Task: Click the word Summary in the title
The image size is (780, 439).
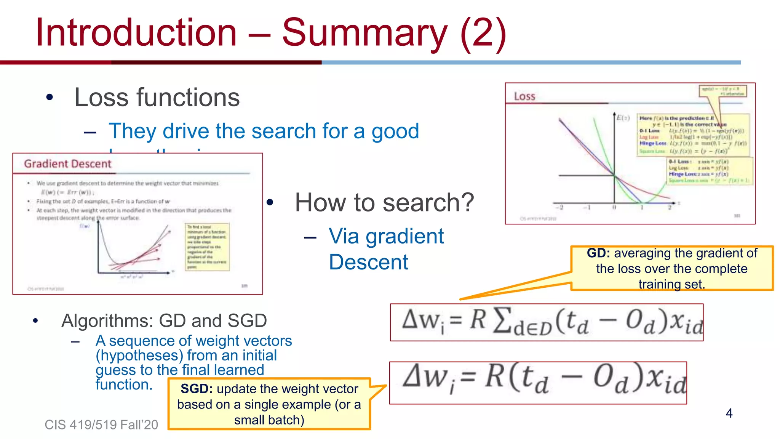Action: point(364,33)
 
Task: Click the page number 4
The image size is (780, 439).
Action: point(729,413)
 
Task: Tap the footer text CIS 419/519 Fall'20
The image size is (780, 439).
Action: point(101,425)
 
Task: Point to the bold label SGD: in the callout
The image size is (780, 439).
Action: point(197,389)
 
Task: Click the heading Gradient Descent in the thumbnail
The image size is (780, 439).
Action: point(68,164)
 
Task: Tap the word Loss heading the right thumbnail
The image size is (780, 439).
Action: point(524,96)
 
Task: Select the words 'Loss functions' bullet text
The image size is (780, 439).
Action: point(157,98)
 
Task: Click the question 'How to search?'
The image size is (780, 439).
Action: point(384,202)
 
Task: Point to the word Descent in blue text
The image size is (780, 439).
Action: point(368,262)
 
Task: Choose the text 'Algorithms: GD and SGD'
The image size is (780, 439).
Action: point(164,321)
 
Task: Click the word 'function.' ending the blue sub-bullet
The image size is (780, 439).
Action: point(124,385)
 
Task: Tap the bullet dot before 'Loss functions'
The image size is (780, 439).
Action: point(50,98)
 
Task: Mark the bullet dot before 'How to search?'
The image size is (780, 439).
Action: point(270,202)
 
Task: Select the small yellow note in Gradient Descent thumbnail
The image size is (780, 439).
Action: point(207,247)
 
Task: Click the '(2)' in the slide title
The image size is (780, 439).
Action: point(483,33)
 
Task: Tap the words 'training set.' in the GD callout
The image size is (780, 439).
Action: point(671,284)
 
